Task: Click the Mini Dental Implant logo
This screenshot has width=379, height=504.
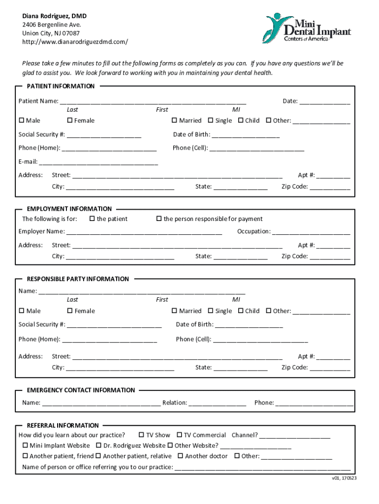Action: [x=306, y=28]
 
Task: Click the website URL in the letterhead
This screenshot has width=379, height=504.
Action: [x=75, y=42]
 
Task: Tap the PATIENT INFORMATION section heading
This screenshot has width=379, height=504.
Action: [x=61, y=86]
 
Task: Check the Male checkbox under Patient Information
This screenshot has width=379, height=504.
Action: [x=22, y=121]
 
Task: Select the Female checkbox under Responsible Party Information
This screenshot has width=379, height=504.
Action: [x=70, y=311]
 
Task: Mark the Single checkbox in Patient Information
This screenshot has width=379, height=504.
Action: [x=211, y=121]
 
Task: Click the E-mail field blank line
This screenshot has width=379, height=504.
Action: [x=98, y=161]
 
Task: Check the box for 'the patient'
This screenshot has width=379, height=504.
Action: [x=92, y=219]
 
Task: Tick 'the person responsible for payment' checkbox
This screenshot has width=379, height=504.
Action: [x=159, y=219]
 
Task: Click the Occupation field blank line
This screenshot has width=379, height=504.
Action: [x=311, y=232]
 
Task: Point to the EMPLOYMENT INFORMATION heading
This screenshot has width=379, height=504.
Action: [x=69, y=209]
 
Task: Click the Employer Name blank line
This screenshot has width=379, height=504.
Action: [x=144, y=232]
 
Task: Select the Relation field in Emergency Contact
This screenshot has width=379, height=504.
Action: [x=217, y=403]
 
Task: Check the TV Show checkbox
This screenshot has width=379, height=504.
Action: [x=142, y=435]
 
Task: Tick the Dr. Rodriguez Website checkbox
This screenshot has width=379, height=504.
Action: [x=98, y=445]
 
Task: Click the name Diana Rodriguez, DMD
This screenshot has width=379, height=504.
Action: [x=54, y=16]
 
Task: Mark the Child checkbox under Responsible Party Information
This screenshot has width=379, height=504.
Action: [x=241, y=311]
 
